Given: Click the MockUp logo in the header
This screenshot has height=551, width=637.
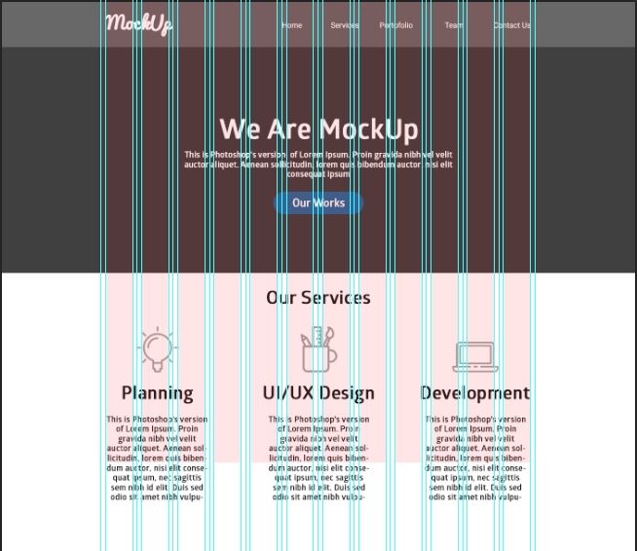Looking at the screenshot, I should point(139,23).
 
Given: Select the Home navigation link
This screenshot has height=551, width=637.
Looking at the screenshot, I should point(292,25).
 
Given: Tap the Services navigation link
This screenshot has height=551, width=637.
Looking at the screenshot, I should point(345,25).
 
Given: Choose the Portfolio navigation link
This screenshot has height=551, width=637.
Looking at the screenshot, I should point(396,25).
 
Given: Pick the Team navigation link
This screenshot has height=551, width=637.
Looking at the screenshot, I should point(454,25).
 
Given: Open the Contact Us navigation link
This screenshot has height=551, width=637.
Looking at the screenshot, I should point(511,25).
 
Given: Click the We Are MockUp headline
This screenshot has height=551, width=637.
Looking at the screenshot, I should point(318,129).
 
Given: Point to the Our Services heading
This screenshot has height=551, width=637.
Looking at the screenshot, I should point(318,298).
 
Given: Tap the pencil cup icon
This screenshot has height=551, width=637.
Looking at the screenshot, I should point(318,349).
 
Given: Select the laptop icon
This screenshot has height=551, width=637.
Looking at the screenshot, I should point(475,355).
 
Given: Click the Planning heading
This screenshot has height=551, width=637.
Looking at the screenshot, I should point(157,393).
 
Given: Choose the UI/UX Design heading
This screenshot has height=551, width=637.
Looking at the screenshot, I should point(318,393).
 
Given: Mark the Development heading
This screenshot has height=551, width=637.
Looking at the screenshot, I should point(475,393).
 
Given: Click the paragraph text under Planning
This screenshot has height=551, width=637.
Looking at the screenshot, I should point(157,458).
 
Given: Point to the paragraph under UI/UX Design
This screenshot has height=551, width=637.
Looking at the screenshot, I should point(318,458).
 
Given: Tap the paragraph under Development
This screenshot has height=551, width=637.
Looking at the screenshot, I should point(475,458).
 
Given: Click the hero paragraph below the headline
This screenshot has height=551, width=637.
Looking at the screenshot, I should point(318,164).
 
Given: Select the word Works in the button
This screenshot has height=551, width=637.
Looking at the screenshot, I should point(329,203).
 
